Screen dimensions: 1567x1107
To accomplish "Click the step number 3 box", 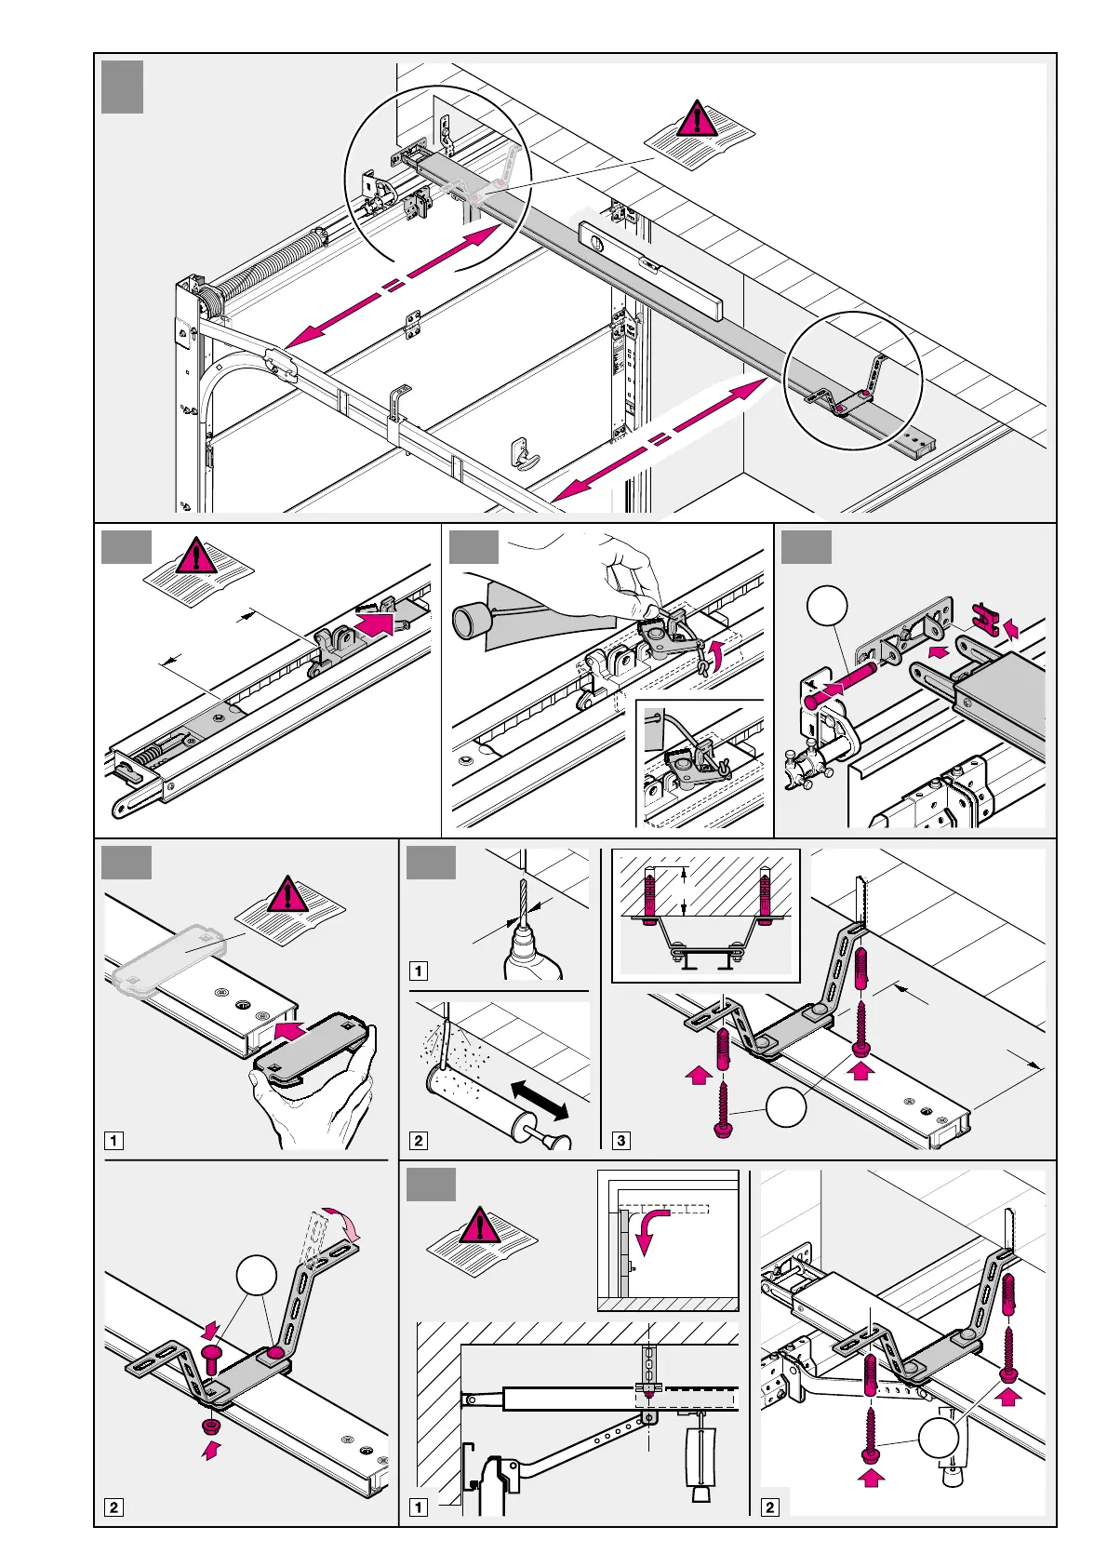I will coord(621,1141).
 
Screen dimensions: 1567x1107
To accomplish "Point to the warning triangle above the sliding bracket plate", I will coord(287,894).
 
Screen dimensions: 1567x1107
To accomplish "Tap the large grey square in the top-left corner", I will coord(122,87).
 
